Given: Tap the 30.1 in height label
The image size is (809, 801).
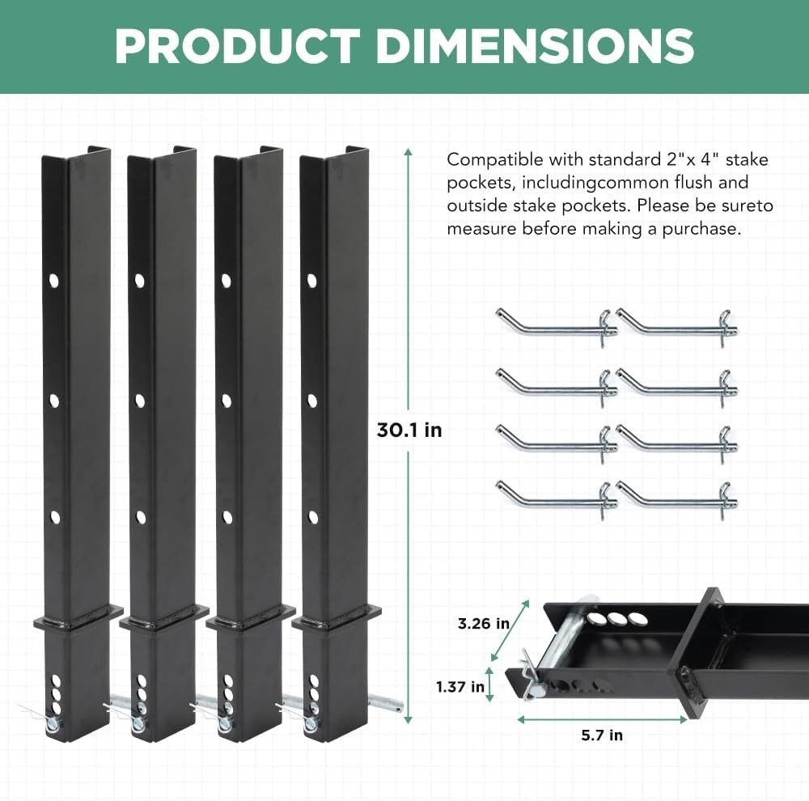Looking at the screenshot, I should click(x=409, y=430).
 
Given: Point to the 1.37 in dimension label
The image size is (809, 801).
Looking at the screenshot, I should click(x=460, y=687).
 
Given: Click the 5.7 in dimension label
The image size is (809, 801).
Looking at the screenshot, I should click(x=602, y=735).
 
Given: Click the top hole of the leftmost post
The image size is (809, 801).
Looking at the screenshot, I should click(x=54, y=280).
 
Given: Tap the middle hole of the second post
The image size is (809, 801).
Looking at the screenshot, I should click(x=140, y=399).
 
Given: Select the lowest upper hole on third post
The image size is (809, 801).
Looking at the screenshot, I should click(x=227, y=516).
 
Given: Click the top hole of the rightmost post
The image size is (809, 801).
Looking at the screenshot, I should click(x=312, y=280).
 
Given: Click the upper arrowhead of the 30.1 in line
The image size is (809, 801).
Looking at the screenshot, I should click(x=409, y=151).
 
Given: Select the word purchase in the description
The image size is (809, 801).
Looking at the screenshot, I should click(x=704, y=229).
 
